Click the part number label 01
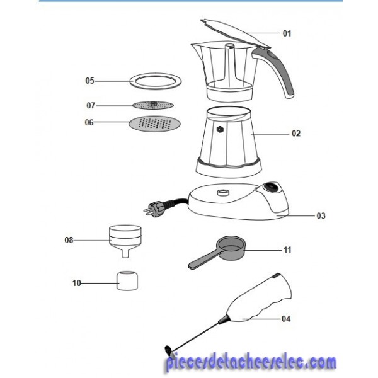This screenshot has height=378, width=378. click(287, 33)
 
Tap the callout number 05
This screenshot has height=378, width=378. click(89, 81)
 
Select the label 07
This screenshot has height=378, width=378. click(91, 105)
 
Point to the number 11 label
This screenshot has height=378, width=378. click(287, 249)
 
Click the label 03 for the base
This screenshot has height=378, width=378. click(321, 215)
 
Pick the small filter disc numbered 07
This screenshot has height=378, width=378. click(153, 105)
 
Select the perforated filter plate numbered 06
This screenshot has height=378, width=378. click(155, 123)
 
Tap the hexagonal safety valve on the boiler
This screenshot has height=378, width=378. click(220, 129)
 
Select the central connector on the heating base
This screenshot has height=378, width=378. click(222, 192)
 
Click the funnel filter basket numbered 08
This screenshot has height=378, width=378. click(125, 241)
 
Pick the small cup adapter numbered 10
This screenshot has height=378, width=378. click(127, 281)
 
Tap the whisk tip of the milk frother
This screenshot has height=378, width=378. click(169, 351)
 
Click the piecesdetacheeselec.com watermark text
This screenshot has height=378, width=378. click(251, 362)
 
